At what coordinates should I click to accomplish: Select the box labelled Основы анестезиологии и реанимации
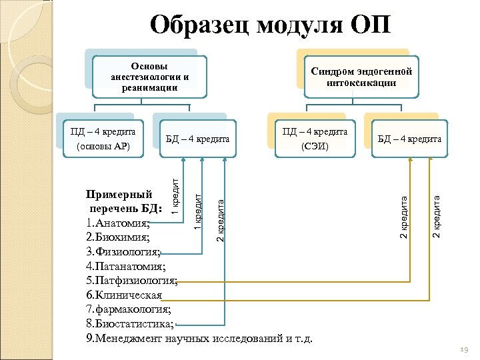[x=150, y=77]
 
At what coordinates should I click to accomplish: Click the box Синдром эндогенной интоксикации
[x=361, y=77]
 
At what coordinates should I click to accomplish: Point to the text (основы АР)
[x=103, y=146]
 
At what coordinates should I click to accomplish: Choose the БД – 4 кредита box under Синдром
[x=409, y=139]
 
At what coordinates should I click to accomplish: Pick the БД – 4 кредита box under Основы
[x=197, y=139]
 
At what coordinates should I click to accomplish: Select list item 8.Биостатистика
[x=130, y=324]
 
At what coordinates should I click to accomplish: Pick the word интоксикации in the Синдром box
[x=361, y=83]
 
